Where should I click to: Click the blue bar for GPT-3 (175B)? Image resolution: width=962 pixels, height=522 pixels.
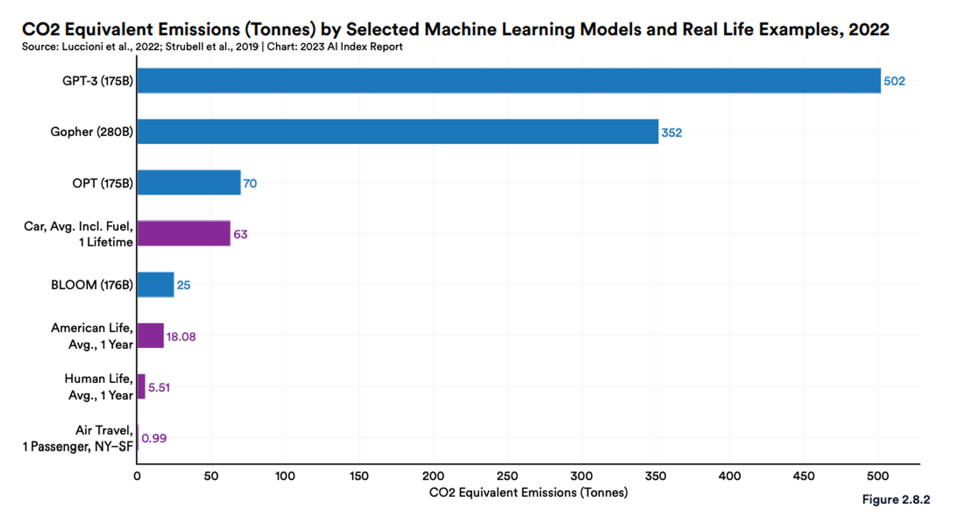tap(508, 81)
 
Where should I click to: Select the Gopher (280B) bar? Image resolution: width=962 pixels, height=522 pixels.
tap(397, 132)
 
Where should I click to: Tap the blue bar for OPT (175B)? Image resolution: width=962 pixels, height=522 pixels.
tap(189, 183)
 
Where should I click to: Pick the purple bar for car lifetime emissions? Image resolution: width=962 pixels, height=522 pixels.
tap(183, 234)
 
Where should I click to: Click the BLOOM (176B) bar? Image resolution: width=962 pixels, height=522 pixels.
tap(155, 285)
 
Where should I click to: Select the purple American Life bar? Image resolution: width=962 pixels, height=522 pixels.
tap(150, 336)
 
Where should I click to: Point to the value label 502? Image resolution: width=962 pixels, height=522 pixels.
tap(894, 81)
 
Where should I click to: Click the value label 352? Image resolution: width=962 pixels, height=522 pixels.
tap(671, 133)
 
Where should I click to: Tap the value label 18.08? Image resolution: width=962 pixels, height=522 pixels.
tap(181, 337)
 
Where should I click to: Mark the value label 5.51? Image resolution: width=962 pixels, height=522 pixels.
tap(159, 388)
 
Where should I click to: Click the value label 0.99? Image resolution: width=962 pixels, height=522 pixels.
tap(154, 438)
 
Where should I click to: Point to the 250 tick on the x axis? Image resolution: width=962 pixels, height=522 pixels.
tap(507, 476)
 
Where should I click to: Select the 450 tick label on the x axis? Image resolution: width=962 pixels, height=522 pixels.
tap(803, 476)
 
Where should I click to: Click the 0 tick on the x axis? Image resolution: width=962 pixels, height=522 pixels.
tap(137, 476)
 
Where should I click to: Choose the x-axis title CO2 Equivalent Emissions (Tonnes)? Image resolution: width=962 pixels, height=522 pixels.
tap(528, 493)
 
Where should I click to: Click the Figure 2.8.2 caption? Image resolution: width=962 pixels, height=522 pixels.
tap(896, 500)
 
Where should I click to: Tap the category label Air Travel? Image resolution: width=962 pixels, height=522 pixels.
tap(103, 430)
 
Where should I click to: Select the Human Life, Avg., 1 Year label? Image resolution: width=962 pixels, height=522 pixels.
tap(99, 387)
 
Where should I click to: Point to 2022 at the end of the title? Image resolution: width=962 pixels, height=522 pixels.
tap(869, 29)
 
